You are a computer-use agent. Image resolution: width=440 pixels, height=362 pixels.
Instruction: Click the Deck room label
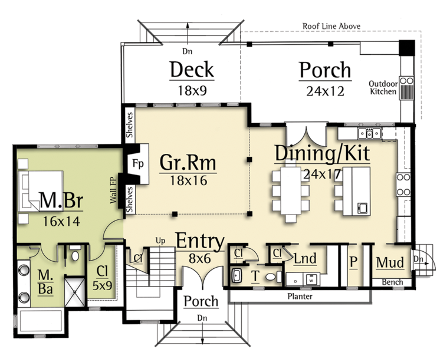click(192, 70)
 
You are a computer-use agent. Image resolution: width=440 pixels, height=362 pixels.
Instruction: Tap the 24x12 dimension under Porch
click(325, 91)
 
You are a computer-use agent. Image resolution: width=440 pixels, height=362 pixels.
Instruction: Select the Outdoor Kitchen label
click(383, 87)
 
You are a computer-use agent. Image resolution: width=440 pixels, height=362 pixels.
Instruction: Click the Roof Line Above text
click(331, 26)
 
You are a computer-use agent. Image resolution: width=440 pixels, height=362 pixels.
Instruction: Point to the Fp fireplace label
click(138, 163)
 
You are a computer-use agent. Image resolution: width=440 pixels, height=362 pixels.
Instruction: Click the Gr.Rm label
click(188, 162)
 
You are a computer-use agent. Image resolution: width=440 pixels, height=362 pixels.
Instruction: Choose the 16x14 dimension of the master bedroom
click(61, 221)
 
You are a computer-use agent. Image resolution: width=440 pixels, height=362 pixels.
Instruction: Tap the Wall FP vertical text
click(113, 190)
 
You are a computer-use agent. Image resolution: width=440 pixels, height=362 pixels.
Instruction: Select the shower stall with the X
click(75, 292)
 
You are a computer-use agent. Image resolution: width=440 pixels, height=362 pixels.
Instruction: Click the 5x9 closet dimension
click(102, 285)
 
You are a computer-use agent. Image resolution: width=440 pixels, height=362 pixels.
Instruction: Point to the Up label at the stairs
click(160, 241)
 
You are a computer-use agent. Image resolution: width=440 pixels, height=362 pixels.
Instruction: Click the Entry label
click(200, 241)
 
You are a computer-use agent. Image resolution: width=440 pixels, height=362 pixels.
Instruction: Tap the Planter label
click(300, 296)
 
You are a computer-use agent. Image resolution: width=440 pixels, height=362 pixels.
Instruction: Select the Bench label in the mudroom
click(393, 282)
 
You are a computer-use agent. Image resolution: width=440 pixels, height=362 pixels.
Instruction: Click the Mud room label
click(390, 262)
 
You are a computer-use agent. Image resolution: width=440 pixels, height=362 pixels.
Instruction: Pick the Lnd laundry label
click(305, 258)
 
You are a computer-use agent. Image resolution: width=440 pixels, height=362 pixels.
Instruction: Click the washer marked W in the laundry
click(311, 279)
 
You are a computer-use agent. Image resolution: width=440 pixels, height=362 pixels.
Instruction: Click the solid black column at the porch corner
click(406, 47)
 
